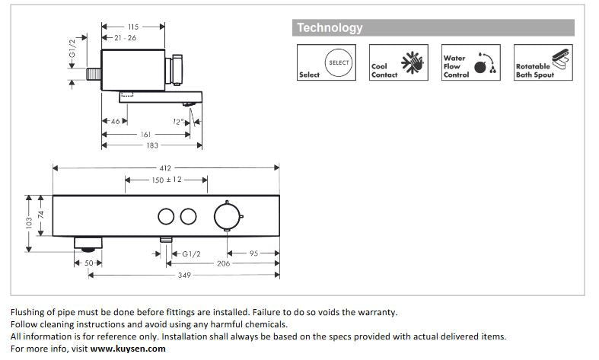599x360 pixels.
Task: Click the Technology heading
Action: tap(330, 28)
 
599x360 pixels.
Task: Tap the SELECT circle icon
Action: tap(339, 62)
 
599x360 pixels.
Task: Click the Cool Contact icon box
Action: tap(394, 62)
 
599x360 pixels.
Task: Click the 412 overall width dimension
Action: tap(165, 167)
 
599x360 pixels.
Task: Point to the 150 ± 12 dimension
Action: tap(165, 180)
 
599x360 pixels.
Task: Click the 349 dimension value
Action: tap(184, 275)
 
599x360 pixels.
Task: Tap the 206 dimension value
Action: tap(222, 263)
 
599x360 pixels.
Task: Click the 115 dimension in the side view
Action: tap(133, 27)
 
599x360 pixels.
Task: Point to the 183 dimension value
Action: tap(152, 146)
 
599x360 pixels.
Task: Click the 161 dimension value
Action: tap(145, 135)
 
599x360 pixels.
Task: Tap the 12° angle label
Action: tap(177, 122)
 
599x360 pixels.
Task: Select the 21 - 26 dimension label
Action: tap(126, 37)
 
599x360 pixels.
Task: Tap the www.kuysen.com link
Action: tap(127, 349)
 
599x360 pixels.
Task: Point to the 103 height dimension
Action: tap(29, 224)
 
